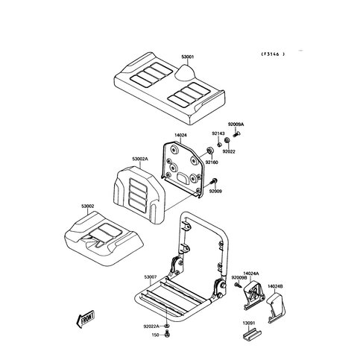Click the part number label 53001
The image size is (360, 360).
(188, 57)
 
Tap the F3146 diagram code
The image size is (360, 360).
(273, 54)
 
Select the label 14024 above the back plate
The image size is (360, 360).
(180, 135)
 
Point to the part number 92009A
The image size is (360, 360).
(236, 124)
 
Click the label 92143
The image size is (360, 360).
(218, 133)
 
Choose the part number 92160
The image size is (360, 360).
(212, 162)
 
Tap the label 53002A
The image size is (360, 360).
(140, 159)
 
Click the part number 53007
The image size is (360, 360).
(151, 277)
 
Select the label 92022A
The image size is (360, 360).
(151, 326)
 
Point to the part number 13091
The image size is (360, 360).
(249, 323)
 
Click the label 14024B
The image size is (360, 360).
(275, 286)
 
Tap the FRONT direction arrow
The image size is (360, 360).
(86, 319)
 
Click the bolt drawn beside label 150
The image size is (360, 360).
(168, 334)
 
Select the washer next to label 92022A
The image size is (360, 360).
(167, 326)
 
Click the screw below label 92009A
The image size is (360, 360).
(236, 134)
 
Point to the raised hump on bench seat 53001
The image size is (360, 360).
(186, 73)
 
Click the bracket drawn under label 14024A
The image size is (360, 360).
(253, 295)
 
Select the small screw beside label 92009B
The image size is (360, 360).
(238, 285)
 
